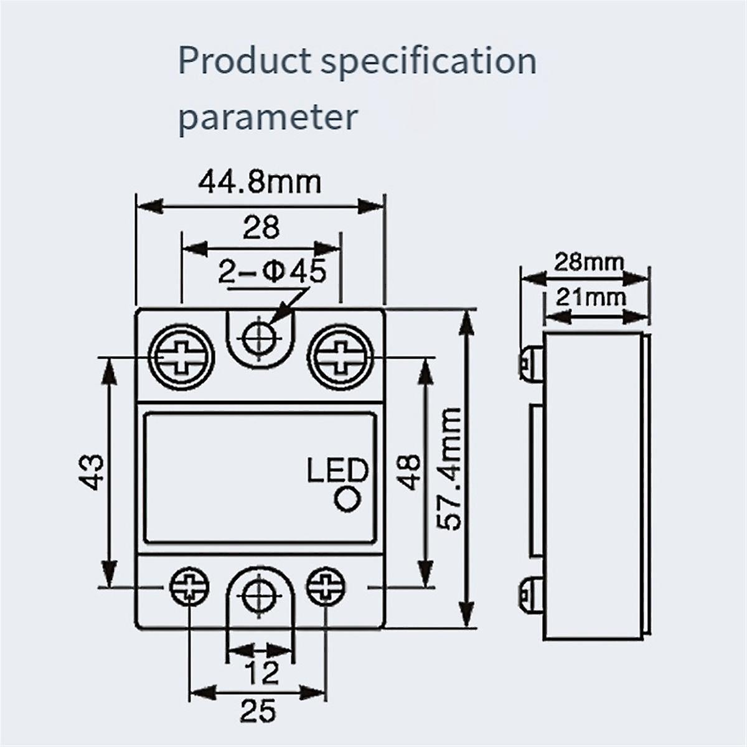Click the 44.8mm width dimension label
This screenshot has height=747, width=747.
tap(260, 182)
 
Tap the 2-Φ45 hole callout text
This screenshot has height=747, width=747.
tap(271, 273)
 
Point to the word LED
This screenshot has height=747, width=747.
tap(337, 471)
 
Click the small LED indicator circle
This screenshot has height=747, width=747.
tap(347, 500)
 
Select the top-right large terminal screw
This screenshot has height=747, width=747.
tap(341, 359)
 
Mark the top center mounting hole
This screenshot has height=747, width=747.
tap(259, 339)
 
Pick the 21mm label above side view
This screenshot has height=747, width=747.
tap(590, 297)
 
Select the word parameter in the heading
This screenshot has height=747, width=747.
tap(268, 116)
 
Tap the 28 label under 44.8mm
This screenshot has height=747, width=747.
tap(261, 228)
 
